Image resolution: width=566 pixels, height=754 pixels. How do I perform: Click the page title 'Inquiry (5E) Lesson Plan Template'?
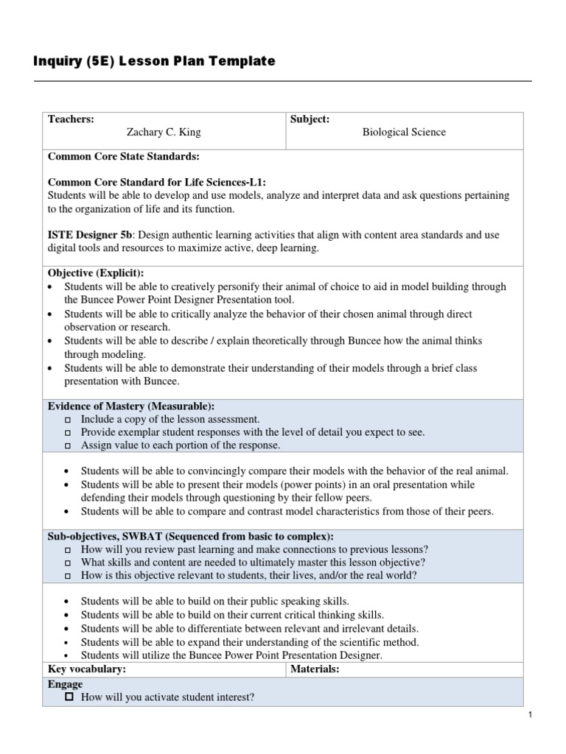click(154, 62)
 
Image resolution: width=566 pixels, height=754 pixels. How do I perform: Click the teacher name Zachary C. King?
click(164, 133)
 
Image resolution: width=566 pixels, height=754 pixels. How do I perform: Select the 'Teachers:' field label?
click(71, 119)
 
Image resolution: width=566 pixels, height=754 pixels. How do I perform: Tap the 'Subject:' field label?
click(310, 119)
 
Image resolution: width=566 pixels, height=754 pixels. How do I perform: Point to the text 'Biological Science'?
click(404, 133)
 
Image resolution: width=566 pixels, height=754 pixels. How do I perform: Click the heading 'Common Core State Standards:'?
click(124, 157)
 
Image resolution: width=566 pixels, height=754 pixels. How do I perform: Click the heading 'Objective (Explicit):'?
click(96, 273)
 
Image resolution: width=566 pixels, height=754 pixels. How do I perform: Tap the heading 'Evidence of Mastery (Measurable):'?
click(131, 406)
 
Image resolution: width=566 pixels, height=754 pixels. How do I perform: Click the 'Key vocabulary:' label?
click(86, 669)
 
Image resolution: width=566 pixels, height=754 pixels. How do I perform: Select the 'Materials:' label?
click(315, 669)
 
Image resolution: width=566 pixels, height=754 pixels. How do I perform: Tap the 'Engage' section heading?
click(66, 684)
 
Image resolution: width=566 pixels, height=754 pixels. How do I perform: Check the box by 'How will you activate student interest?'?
click(69, 697)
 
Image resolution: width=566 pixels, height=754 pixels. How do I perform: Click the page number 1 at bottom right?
click(530, 715)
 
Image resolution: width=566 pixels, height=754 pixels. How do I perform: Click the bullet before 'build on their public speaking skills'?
click(68, 602)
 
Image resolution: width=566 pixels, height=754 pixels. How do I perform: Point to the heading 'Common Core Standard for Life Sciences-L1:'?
click(157, 182)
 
